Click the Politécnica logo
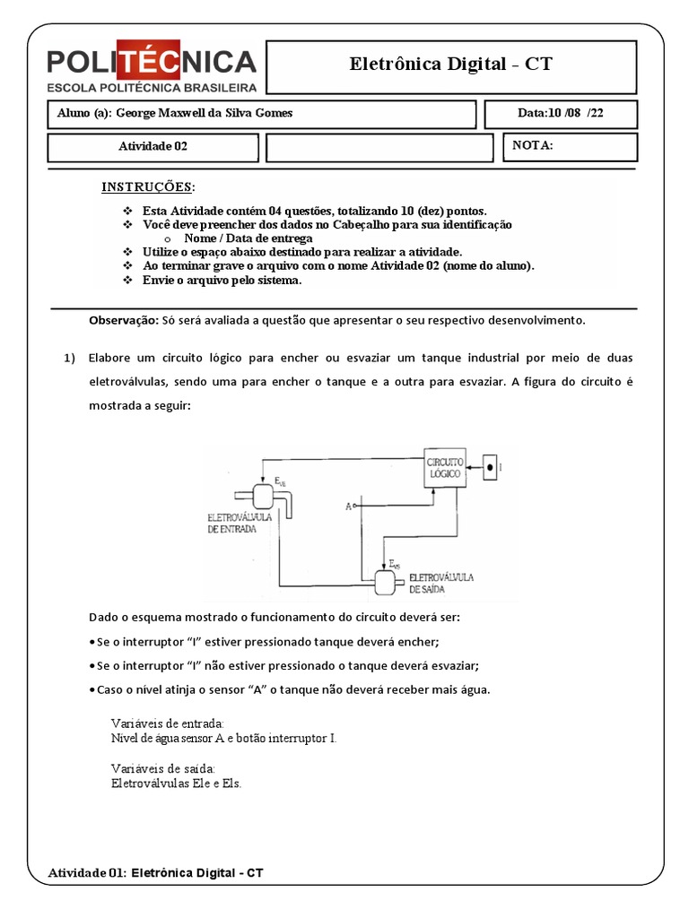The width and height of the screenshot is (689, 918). (152, 68)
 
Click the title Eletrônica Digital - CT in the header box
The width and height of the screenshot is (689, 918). (451, 65)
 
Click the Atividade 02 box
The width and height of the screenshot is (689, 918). (153, 147)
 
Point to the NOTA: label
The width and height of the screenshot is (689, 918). (532, 145)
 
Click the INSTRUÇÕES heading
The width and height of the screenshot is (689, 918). (147, 186)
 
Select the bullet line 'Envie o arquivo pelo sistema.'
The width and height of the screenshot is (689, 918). (222, 280)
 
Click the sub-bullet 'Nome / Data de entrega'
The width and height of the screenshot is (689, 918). (248, 238)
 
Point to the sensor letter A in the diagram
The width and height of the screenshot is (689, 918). (348, 507)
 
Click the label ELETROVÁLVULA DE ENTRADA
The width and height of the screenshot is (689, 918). (233, 524)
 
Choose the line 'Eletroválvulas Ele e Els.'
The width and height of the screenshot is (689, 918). (176, 783)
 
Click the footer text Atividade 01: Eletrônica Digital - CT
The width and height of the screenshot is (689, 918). (155, 871)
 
